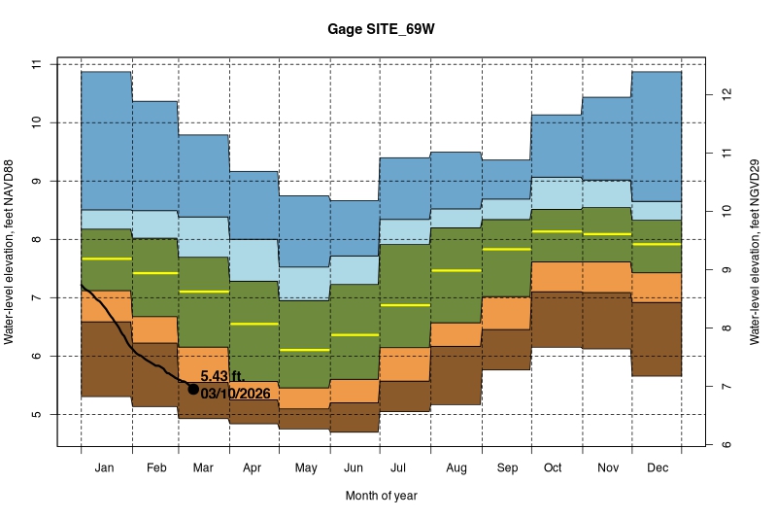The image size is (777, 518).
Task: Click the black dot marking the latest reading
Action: [193, 389]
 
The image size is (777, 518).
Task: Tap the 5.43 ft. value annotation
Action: [223, 375]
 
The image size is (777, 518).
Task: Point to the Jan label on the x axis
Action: [106, 468]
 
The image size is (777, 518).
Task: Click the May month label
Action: [305, 468]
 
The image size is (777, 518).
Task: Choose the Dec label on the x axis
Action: [657, 468]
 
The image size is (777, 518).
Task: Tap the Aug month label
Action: [456, 468]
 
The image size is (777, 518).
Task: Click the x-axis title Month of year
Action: [381, 496]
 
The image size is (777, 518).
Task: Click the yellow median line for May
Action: [305, 350]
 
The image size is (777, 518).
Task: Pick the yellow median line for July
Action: [405, 305]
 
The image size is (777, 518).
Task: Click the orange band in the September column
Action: [506, 313]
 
